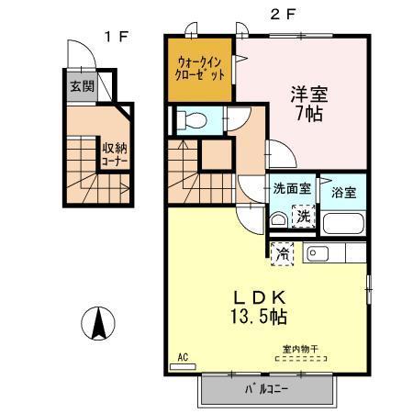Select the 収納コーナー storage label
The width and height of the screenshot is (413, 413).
(x=116, y=152)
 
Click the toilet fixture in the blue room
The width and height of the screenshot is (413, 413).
(x=191, y=120)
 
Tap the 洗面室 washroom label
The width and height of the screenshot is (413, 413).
(x=291, y=189)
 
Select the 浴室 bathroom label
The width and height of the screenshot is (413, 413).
(x=345, y=194)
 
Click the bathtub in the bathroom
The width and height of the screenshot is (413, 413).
(x=344, y=222)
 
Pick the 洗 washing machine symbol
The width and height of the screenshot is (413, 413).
(x=303, y=218)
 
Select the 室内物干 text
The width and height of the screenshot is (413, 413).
(x=300, y=348)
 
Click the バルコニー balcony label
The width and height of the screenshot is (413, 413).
(x=267, y=390)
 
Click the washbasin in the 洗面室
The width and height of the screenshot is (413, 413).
(x=278, y=219)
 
